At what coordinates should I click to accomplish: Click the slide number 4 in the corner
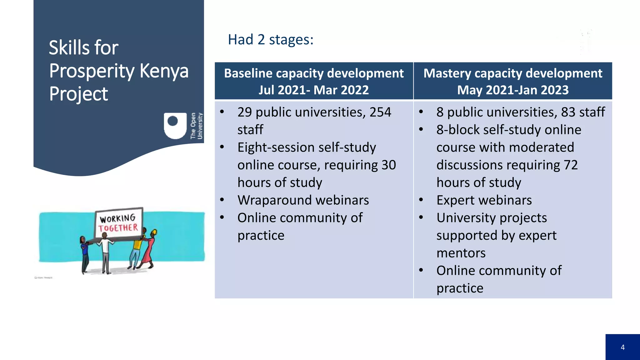(x=622, y=347)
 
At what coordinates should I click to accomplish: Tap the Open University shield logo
(x=175, y=126)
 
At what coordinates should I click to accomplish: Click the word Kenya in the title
(x=164, y=71)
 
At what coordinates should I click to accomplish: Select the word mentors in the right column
(x=461, y=253)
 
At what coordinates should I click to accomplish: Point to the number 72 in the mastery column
(x=571, y=165)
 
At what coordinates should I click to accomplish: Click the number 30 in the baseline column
(x=388, y=165)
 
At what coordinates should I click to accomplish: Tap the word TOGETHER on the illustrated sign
(x=118, y=227)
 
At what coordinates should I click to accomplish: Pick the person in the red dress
(x=148, y=250)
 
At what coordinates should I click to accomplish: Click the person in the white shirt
(x=106, y=253)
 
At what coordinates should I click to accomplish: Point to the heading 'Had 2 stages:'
(x=271, y=40)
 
